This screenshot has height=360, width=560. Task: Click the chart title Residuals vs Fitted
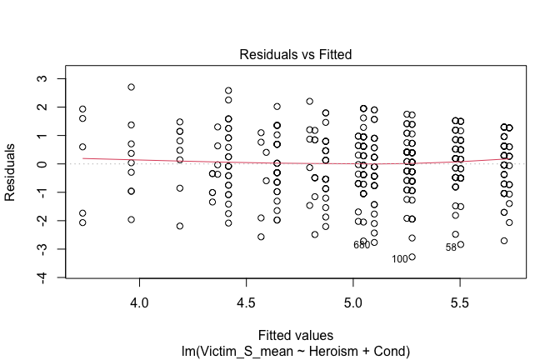click(x=296, y=55)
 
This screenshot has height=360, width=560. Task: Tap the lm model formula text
click(x=296, y=347)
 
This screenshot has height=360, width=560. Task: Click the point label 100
click(x=400, y=259)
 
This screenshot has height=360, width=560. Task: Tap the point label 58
click(x=451, y=247)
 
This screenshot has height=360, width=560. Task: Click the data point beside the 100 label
click(x=412, y=257)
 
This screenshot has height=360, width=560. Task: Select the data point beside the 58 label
click(x=460, y=244)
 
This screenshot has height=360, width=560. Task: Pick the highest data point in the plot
click(x=131, y=87)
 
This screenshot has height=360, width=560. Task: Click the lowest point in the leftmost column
click(x=82, y=222)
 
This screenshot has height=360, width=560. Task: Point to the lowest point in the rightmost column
click(x=503, y=241)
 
